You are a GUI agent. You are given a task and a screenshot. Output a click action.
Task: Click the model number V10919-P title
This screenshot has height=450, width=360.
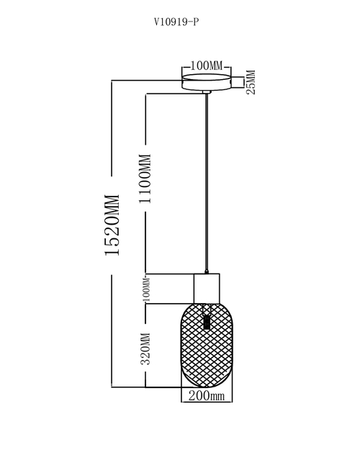pos(176,22)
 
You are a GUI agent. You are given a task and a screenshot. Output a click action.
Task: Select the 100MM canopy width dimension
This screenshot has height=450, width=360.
pos(207,66)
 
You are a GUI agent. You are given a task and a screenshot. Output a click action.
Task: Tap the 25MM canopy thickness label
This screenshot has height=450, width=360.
pos(251,82)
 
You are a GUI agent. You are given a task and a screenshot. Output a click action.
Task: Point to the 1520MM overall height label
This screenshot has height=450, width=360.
pos(112,225)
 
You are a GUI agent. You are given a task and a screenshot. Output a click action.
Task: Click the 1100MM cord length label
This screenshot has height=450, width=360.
pos(145,179)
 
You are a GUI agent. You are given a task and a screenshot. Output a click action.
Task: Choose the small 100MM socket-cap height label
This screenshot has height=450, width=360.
pos(146,289)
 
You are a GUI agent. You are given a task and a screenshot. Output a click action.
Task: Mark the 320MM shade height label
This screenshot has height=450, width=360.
pos(145,348)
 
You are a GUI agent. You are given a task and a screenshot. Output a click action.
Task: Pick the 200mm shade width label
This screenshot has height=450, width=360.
pos(207,396)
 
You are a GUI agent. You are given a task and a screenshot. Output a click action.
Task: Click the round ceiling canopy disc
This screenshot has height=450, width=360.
pos(207,82)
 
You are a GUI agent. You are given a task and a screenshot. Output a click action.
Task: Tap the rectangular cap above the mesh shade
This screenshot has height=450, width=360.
pos(207,289)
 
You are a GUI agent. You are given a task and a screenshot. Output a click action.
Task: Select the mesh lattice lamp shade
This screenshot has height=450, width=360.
pos(207,345)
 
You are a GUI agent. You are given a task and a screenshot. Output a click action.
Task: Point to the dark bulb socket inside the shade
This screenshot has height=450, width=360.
pos(207,322)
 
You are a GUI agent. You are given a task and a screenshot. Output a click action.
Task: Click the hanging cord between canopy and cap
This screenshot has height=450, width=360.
pos(207,181)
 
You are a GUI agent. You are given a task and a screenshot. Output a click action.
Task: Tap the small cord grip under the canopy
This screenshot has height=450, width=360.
pos(207,92)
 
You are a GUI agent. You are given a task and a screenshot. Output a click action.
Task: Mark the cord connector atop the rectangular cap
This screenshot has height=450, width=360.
pos(206,271)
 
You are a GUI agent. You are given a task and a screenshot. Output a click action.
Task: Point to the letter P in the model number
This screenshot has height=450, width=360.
pos(196,22)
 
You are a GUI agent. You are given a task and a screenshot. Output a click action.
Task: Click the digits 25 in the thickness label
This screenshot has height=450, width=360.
pos(251,89)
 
